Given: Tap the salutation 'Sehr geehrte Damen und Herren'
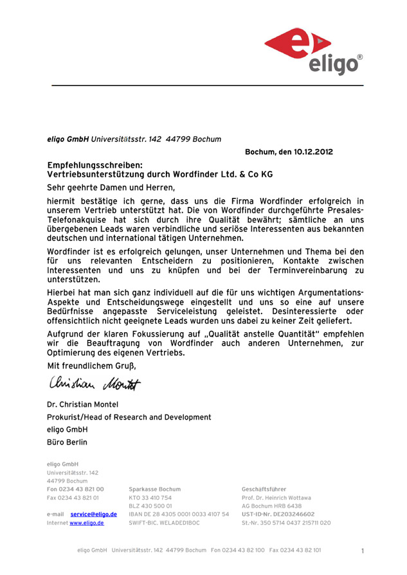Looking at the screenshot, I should [x=111, y=188].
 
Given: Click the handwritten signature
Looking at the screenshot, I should [x=93, y=384].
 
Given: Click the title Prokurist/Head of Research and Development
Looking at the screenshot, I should [x=129, y=417].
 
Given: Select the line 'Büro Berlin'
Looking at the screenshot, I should [x=68, y=443].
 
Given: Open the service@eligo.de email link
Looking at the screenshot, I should [x=93, y=514].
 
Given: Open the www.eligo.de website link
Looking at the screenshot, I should [x=87, y=523].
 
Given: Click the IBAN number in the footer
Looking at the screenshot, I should [x=179, y=514].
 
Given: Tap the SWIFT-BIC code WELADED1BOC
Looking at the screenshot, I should [x=164, y=523].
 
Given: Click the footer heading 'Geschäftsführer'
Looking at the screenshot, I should [x=264, y=489].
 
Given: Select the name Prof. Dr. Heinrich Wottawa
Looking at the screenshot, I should [x=276, y=497].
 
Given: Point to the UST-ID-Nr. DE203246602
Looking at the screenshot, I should [x=278, y=514].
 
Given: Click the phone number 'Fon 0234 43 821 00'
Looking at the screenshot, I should [x=75, y=489].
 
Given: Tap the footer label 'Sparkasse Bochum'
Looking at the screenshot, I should [x=154, y=489].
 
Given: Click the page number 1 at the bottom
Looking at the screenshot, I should [x=363, y=551].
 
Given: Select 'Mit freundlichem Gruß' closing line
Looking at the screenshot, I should [x=92, y=366].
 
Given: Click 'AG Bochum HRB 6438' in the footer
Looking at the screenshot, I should [x=271, y=506].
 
